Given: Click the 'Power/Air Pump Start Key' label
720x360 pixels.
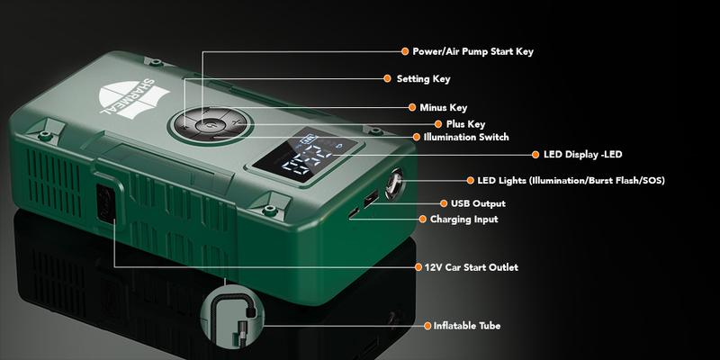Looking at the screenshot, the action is click(473, 51).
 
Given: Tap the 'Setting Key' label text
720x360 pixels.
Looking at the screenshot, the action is click(423, 79).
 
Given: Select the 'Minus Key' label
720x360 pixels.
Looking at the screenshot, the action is click(443, 107).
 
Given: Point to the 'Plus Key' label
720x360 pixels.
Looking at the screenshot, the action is click(465, 124).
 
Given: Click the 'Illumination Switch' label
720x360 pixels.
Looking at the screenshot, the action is click(466, 137).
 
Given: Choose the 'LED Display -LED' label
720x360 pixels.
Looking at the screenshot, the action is click(582, 155).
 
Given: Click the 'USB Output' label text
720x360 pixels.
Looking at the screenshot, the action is click(478, 203).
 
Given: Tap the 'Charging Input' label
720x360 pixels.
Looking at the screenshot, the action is click(463, 220).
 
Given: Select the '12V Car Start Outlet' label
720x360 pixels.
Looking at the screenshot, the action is click(472, 267).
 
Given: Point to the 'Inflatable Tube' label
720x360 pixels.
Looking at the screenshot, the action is click(467, 326).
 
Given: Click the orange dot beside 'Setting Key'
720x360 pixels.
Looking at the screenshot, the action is click(388, 78).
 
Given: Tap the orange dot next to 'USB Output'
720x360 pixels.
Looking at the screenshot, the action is click(443, 203).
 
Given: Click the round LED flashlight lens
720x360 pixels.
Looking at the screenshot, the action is click(393, 184).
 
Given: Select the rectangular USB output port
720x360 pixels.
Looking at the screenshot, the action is click(370, 200).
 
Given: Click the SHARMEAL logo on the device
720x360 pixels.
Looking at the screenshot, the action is click(133, 98).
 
